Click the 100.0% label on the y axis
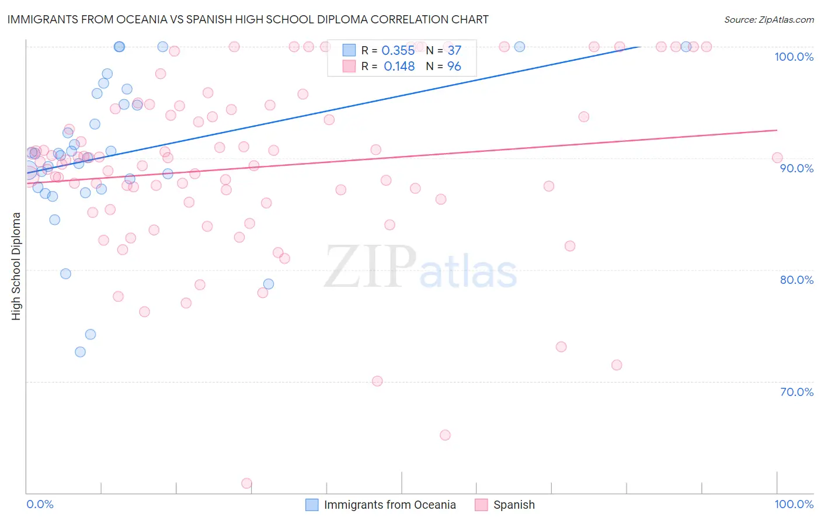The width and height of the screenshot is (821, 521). click(x=794, y=57)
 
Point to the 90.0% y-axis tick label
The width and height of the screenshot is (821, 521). click(x=796, y=168)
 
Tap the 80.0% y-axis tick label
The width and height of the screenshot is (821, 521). click(x=796, y=280)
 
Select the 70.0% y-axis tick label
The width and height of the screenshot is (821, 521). click(x=796, y=392)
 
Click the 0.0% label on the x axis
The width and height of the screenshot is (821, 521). click(x=40, y=504)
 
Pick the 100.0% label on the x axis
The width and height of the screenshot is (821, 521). click(x=794, y=504)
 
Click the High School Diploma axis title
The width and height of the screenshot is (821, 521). click(x=16, y=266)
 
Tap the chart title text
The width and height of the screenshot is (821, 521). click(x=248, y=19)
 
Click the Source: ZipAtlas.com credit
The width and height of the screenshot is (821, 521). click(x=768, y=19)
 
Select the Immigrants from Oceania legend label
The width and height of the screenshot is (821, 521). click(x=389, y=505)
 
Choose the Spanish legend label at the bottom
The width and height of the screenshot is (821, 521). click(x=514, y=505)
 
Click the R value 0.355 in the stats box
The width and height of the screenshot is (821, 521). click(x=398, y=51)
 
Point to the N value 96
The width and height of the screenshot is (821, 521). click(x=454, y=67)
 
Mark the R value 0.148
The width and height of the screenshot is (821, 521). click(x=399, y=67)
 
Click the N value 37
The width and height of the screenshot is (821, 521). click(x=454, y=51)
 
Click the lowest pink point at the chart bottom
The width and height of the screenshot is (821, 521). click(x=246, y=484)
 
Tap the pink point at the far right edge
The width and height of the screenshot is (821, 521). click(x=777, y=158)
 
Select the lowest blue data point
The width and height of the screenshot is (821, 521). click(x=80, y=352)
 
